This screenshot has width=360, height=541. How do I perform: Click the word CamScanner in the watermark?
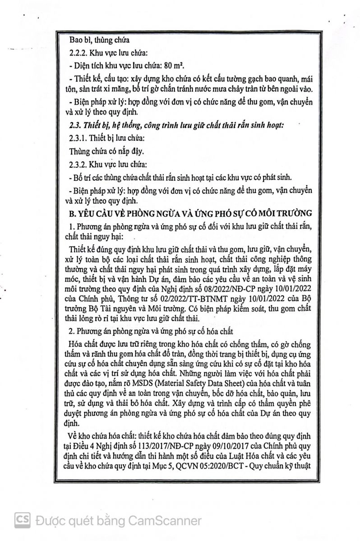click(165, 521)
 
